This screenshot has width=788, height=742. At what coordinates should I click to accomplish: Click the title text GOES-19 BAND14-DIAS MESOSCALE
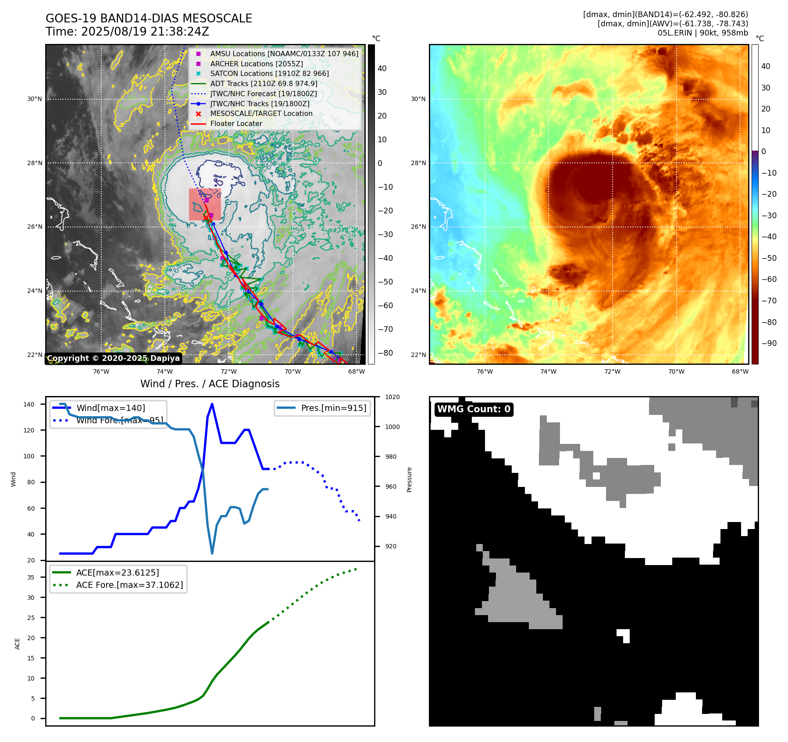[149, 18]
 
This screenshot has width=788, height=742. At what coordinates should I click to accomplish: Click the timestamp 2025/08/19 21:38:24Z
[145, 32]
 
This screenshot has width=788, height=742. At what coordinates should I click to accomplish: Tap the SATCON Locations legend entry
[269, 73]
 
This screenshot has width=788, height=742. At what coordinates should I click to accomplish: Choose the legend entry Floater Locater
[236, 123]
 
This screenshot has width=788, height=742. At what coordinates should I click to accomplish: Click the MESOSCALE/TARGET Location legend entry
[261, 113]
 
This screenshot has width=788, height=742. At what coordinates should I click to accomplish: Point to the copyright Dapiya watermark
[113, 358]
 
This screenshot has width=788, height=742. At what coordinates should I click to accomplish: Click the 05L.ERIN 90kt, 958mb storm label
[702, 33]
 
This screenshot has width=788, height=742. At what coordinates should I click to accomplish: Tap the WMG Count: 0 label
[474, 409]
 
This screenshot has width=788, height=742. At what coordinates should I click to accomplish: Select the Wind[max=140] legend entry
[111, 408]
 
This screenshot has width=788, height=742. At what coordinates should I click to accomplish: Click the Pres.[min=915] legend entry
[333, 408]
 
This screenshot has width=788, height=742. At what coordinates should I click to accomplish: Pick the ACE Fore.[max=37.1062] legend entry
[129, 585]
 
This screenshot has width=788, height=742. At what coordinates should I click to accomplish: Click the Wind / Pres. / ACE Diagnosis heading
[210, 384]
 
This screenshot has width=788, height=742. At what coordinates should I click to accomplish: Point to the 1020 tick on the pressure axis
[392, 397]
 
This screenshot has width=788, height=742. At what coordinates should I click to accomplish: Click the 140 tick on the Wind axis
[29, 404]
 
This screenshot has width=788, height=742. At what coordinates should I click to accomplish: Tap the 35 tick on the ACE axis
[31, 577]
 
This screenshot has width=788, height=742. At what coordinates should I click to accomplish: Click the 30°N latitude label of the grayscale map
[34, 99]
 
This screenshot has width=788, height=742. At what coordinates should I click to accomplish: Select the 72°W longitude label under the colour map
[612, 371]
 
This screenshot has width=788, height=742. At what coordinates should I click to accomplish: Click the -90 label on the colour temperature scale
[768, 343]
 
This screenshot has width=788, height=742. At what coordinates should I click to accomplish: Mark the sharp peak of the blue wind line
[212, 404]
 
